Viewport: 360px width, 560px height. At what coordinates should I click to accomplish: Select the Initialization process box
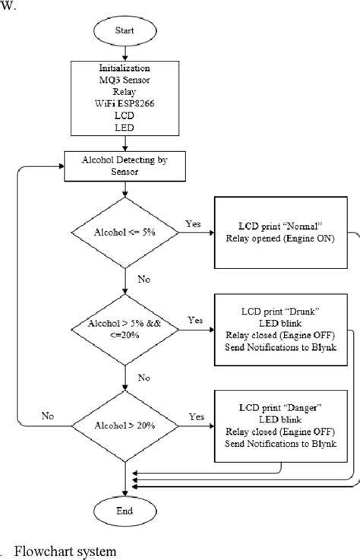(124, 98)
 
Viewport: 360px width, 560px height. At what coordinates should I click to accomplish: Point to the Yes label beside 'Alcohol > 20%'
(195, 416)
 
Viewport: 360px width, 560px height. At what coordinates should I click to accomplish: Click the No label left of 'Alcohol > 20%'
(48, 416)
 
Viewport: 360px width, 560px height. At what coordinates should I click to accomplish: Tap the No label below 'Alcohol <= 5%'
(144, 279)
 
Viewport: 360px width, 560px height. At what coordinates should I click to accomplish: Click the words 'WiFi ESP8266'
(124, 104)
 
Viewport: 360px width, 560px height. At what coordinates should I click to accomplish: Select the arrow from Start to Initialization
(124, 54)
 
